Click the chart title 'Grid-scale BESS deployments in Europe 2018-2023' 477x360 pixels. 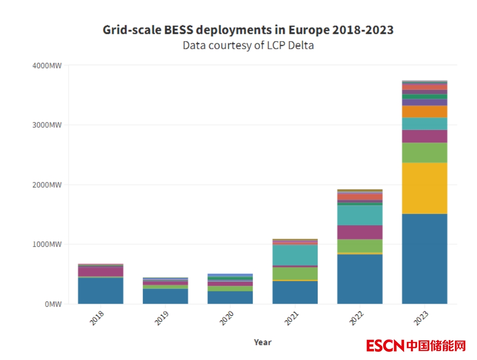[248, 30]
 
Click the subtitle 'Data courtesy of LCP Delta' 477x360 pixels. [248, 46]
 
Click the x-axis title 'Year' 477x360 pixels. [263, 342]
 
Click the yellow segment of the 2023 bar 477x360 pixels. [425, 188]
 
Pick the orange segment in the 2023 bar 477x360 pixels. [425, 111]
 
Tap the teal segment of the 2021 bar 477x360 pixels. [295, 255]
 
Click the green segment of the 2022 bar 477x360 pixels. [360, 246]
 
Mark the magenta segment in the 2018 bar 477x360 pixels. [101, 271]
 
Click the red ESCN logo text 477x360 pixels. [386, 345]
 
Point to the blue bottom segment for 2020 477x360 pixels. [230, 298]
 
